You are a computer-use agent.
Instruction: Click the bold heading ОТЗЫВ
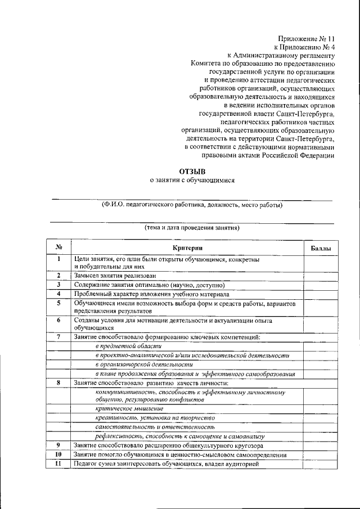[192, 170]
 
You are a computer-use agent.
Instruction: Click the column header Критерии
[187, 248]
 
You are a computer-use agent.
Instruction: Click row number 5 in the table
[58, 303]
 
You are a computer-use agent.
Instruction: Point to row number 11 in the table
[58, 464]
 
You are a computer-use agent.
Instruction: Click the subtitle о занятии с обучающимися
[191, 180]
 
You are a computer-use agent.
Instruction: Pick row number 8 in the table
[58, 382]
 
